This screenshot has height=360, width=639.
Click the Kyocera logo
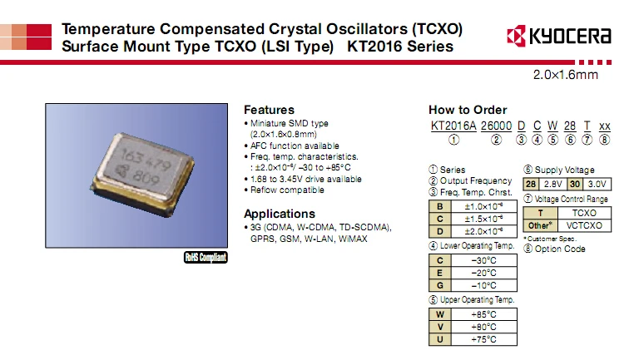point(558,37)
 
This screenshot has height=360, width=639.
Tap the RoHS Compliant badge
point(205,257)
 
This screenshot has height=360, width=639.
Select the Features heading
point(269,110)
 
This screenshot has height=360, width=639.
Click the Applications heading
point(280,214)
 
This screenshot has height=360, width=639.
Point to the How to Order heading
point(468,110)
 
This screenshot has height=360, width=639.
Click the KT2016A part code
point(453,126)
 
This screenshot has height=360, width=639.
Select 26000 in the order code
point(497,126)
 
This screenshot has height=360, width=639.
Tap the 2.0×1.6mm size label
point(566,76)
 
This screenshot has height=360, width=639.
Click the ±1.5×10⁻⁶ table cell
point(483,219)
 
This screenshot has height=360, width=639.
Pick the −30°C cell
point(483,259)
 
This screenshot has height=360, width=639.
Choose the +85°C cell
point(483,314)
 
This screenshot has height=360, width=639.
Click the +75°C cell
point(483,339)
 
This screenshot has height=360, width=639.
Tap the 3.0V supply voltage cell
point(597,184)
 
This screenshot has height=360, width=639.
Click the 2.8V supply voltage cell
point(552,184)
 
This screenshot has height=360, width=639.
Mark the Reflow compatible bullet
point(287,190)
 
